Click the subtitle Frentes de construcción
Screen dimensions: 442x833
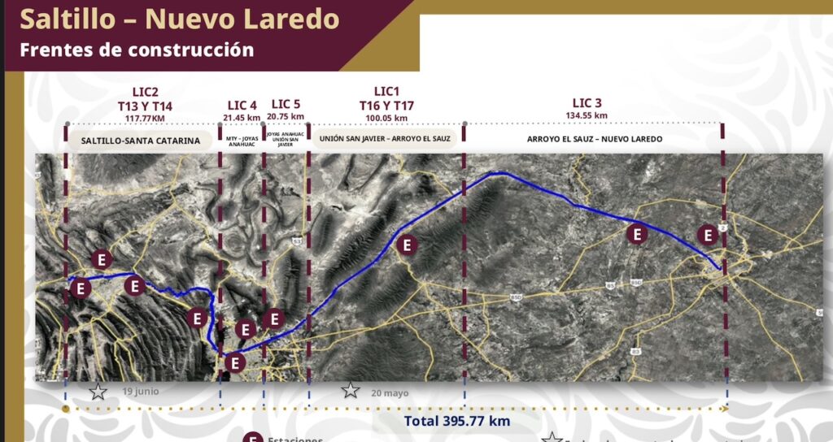(137, 50)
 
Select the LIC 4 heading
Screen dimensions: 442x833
(242, 105)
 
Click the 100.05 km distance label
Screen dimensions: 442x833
(386, 119)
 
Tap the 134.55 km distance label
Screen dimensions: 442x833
(590, 115)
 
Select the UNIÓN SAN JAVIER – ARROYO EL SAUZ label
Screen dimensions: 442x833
(385, 139)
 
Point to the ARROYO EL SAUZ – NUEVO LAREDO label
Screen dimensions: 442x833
(595, 139)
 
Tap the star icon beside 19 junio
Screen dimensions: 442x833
(98, 392)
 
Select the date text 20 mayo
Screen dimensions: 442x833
(390, 392)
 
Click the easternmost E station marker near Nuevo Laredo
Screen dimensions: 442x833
(709, 236)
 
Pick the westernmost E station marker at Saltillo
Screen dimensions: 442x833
(80, 288)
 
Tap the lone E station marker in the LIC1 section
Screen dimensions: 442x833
(408, 245)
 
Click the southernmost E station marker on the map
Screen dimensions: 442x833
(235, 362)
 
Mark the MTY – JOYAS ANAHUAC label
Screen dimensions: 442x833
(242, 141)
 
